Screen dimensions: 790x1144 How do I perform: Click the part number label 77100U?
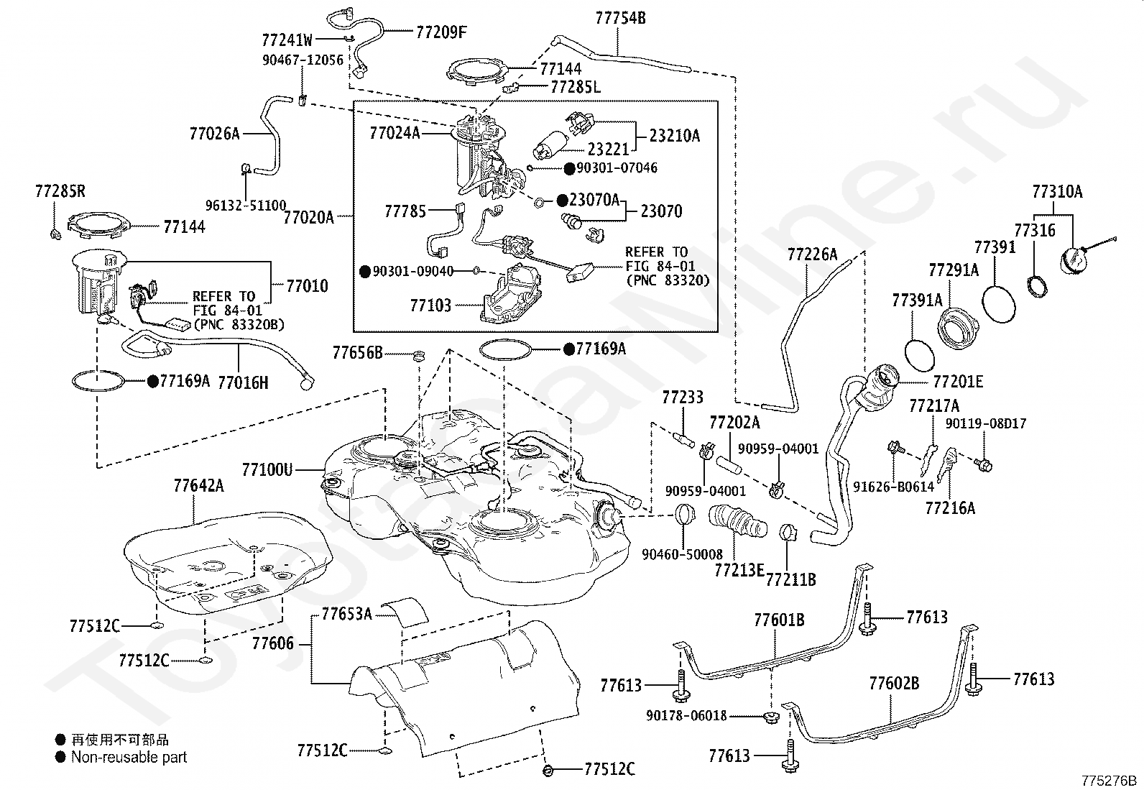coord(267,470)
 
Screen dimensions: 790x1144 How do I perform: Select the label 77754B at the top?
coord(620,18)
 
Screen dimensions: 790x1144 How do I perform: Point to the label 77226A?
coord(812,254)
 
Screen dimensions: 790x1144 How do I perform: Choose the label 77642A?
coord(198,486)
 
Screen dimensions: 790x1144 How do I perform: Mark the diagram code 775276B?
coord(1111,781)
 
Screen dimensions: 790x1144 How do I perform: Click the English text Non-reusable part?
coord(129,757)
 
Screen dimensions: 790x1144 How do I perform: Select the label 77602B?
coord(893,683)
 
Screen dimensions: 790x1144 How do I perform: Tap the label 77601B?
coord(779,620)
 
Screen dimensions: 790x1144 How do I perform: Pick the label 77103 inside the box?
coord(430,306)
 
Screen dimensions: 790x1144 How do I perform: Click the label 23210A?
coord(674,136)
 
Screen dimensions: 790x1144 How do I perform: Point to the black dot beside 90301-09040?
coord(365,271)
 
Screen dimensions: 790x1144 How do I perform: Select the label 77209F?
coord(441,32)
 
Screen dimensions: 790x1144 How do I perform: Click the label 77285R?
coord(60,191)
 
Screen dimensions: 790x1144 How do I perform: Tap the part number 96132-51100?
coord(245,205)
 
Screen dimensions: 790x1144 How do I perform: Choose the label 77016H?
coord(243,382)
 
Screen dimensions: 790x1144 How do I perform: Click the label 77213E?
coord(739,570)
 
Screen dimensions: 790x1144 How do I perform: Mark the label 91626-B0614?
coord(893,487)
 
